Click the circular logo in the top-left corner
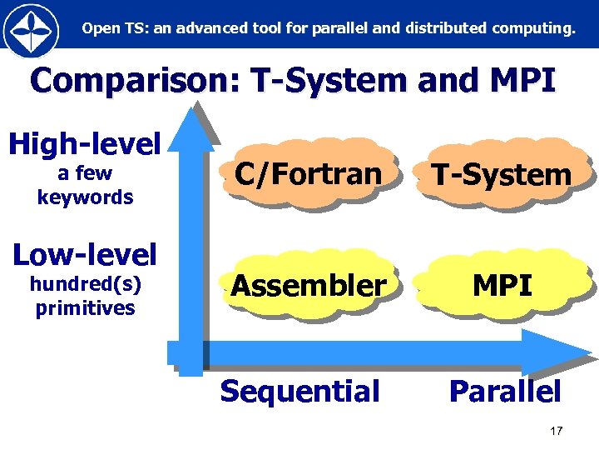point(31,30)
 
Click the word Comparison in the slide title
point(131,82)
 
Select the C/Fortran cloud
point(309,173)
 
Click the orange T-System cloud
point(501,174)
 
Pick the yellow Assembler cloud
point(309,286)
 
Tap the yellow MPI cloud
point(502,286)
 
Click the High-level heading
point(84,144)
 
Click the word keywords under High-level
point(85,197)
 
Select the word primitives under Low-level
point(85,308)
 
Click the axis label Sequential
point(299,391)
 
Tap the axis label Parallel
point(505,391)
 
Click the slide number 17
point(557,431)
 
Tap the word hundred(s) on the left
point(85,285)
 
